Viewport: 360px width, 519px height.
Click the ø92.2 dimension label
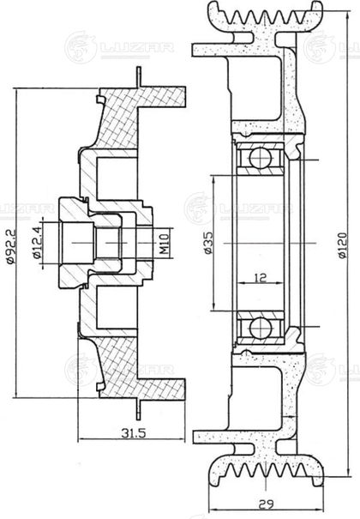click(x=11, y=246)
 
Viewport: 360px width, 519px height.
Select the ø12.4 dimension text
click(x=37, y=243)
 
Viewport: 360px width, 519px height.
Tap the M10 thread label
click(x=165, y=244)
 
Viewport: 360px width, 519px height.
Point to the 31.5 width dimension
click(x=133, y=433)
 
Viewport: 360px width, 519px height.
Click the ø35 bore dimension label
click(x=208, y=243)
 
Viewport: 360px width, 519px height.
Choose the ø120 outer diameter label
click(x=343, y=245)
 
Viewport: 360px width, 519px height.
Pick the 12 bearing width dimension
click(x=261, y=277)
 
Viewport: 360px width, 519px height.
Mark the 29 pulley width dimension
click(x=266, y=504)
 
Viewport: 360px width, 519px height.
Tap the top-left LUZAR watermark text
click(x=136, y=47)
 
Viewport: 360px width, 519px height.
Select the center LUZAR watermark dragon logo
click(x=198, y=208)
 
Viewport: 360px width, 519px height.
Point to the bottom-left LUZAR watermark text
click(x=136, y=370)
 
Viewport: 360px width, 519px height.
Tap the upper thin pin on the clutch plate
click(x=139, y=77)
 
